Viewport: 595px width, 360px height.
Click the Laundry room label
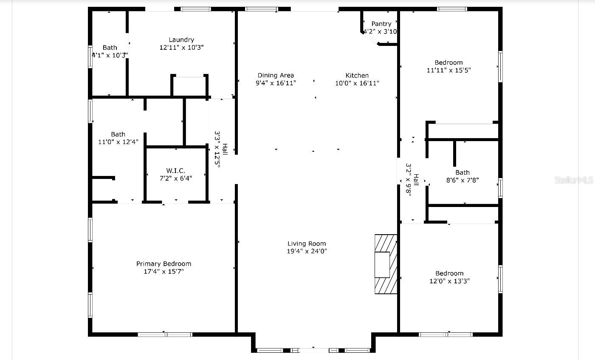click(x=181, y=40)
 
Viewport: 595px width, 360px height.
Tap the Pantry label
click(x=381, y=24)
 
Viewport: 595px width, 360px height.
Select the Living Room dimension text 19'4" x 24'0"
click(x=307, y=251)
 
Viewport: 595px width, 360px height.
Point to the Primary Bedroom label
click(x=164, y=264)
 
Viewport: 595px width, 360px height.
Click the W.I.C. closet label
click(x=175, y=170)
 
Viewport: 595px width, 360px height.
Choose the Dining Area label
click(x=276, y=76)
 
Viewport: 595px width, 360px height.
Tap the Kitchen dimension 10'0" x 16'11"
click(x=357, y=83)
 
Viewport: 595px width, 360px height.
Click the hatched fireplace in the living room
click(x=386, y=264)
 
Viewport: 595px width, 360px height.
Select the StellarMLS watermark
click(x=574, y=180)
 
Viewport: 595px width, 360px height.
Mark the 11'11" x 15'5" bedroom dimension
click(x=448, y=70)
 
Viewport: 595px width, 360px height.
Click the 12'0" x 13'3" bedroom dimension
click(x=449, y=281)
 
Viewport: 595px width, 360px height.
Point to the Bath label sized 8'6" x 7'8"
click(x=462, y=173)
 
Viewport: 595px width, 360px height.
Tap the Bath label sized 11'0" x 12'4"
click(x=118, y=134)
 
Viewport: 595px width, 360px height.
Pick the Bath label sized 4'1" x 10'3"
click(x=110, y=48)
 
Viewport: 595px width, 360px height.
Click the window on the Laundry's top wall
click(x=196, y=9)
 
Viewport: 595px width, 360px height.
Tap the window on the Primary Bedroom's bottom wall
click(x=165, y=334)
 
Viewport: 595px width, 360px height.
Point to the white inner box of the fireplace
click(x=382, y=265)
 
